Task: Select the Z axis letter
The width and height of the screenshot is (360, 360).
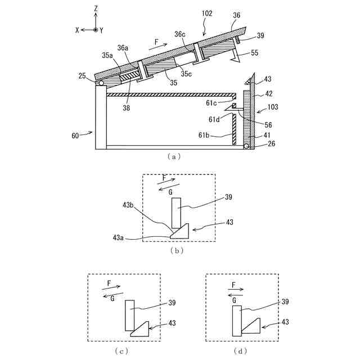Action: pyautogui.click(x=96, y=8)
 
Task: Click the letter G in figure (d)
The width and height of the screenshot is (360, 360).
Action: pyautogui.click(x=233, y=300)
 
